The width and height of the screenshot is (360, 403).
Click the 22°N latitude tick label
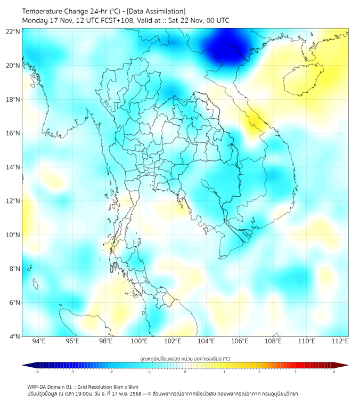click(x=13, y=32)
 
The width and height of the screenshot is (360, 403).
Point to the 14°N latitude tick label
click(x=13, y=167)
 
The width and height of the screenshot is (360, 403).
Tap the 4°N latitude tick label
click(x=14, y=336)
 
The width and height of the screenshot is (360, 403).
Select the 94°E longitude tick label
click(x=39, y=342)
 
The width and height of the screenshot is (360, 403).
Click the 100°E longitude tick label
click(x=139, y=342)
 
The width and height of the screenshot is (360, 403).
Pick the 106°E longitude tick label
click(x=240, y=342)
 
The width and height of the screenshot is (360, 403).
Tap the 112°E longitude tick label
click(x=340, y=342)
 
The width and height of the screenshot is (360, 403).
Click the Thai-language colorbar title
click(x=185, y=359)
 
